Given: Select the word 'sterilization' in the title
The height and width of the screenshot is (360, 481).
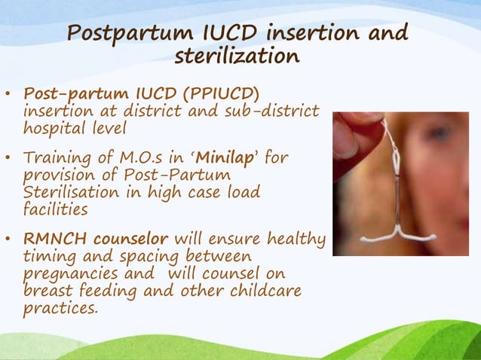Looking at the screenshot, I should (237, 56).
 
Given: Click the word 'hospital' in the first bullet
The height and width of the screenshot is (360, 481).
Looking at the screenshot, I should (54, 127).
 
